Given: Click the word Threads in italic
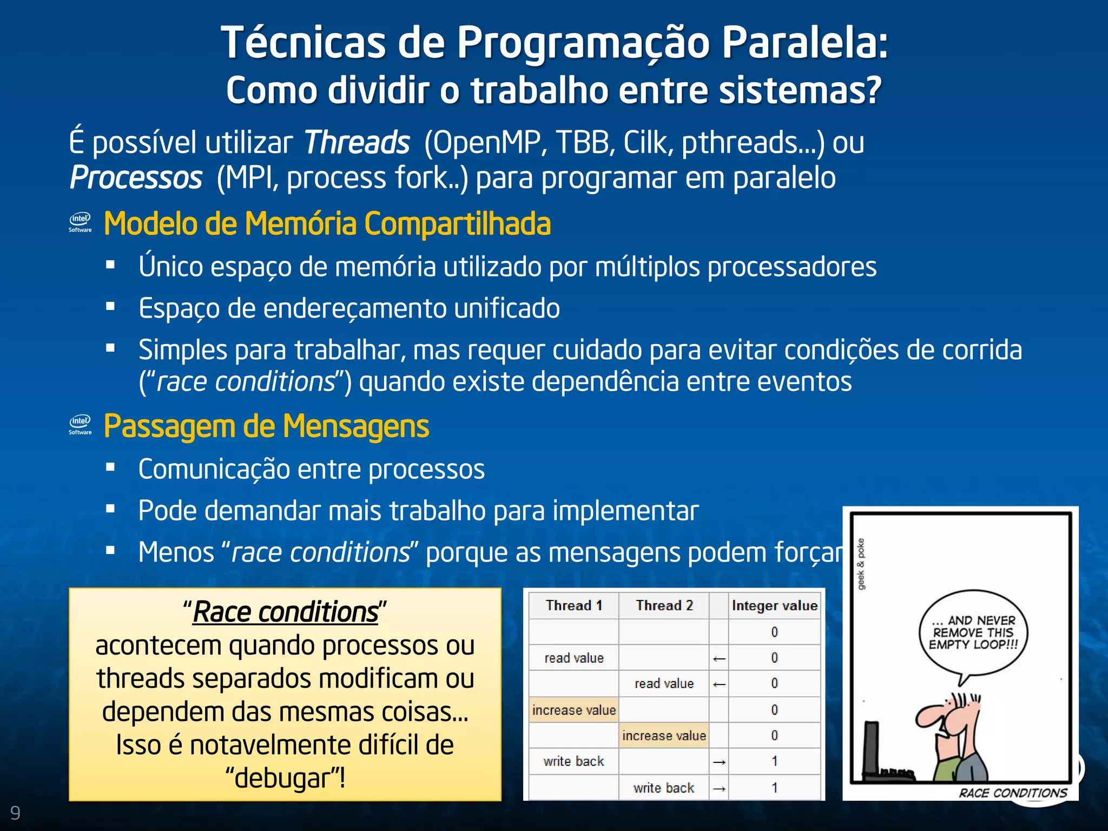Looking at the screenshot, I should [357, 143].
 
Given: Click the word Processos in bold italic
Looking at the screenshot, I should [136, 178].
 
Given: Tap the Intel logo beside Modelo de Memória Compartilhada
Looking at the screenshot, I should [80, 222].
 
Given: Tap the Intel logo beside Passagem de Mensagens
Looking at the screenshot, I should [80, 425].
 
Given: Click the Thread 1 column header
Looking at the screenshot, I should [573, 605].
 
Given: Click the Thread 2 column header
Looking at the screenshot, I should [664, 605].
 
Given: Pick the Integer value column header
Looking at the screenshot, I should [774, 605].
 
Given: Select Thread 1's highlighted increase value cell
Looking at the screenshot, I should [573, 710].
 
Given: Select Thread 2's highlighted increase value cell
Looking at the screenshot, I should [664, 736].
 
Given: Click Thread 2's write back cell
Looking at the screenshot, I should [664, 788].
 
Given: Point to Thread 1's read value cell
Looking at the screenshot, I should [573, 658].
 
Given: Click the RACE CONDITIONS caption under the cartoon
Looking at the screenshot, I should [1013, 793].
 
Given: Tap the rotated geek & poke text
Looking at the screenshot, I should [861, 564].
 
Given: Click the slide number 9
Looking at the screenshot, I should [15, 813].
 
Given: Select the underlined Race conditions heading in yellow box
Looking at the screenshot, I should [285, 612].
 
